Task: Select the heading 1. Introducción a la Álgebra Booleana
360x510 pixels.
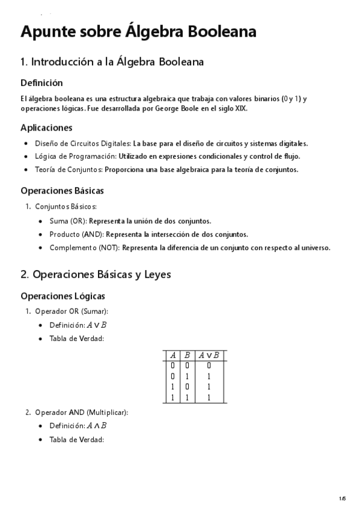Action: coord(112,61)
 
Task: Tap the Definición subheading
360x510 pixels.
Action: coord(41,82)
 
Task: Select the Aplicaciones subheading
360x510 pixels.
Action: coord(46,127)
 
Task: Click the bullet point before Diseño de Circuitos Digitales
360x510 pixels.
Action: coord(25,144)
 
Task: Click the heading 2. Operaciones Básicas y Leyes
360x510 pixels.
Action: coord(96,274)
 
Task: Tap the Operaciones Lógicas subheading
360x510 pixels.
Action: coord(63,296)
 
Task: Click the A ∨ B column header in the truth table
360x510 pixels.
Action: coord(209,355)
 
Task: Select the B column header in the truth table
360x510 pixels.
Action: coord(187,355)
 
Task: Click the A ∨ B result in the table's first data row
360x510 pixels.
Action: coord(209,365)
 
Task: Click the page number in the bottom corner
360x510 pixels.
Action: coord(342,498)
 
